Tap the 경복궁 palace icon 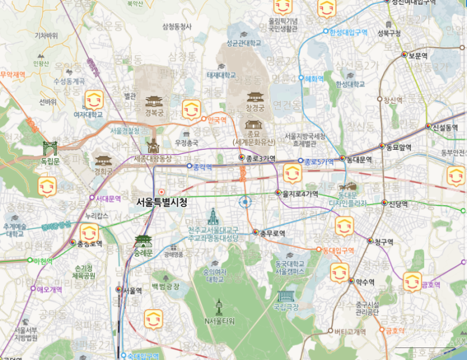pos(153,101)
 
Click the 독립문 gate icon pos(50,148)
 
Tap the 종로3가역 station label pos(262,158)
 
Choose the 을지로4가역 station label pos(301,193)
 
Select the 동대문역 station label pos(360,159)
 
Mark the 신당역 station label pos(398,204)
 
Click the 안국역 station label pos(216,120)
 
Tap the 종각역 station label pos(203,167)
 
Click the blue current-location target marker pos(245,202)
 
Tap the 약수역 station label pos(364,282)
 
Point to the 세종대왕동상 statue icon pos(153,146)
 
